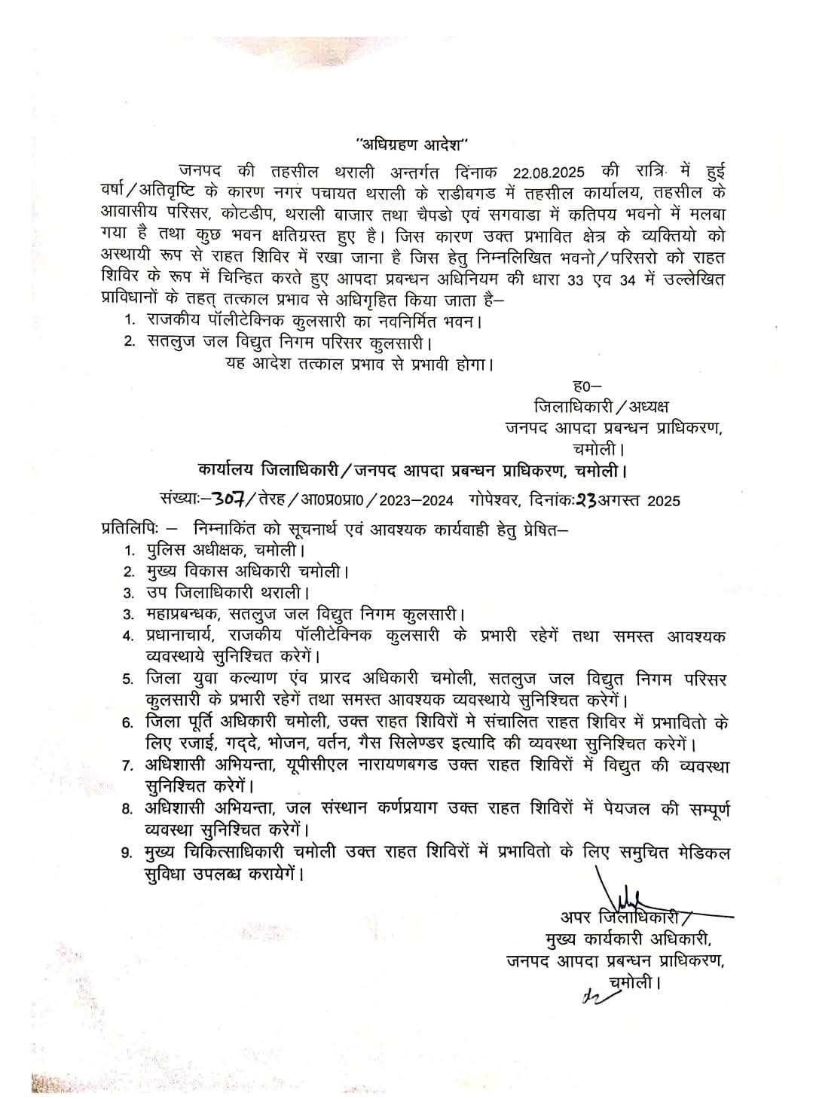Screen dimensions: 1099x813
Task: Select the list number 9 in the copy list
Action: (x=128, y=853)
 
